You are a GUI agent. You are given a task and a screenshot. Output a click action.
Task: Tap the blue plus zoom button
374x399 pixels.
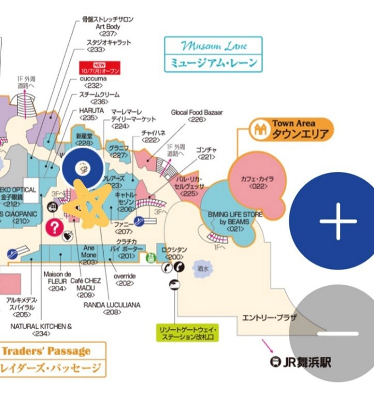coord(338,221)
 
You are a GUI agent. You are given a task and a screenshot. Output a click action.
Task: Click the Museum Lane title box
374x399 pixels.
coord(213,54)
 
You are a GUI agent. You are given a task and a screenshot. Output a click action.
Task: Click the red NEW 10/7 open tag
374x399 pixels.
coord(99,69)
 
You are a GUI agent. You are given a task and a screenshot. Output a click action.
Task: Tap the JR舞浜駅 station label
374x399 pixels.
coord(301,362)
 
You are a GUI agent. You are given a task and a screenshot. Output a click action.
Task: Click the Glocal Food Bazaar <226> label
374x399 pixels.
coord(197,116)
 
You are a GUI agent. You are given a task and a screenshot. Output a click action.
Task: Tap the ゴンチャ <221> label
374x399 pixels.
coord(206,153)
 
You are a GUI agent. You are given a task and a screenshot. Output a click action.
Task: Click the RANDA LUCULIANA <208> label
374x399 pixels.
coord(111,308)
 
